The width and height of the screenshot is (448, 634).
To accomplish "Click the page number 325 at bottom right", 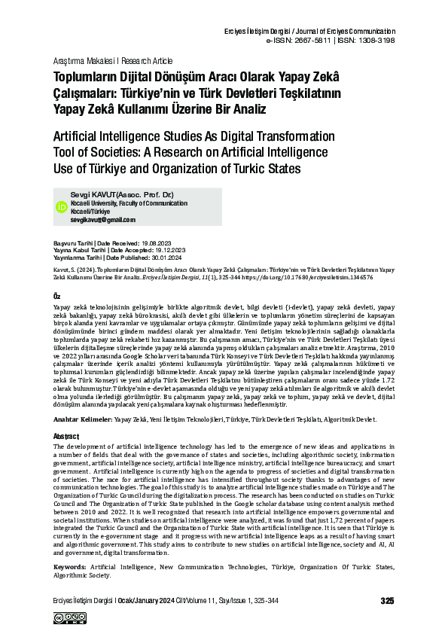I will pos(387,601).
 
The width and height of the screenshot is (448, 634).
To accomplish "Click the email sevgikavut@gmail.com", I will pos(103,219).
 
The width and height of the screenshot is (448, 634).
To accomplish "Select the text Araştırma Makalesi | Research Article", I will pos(112,60).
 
